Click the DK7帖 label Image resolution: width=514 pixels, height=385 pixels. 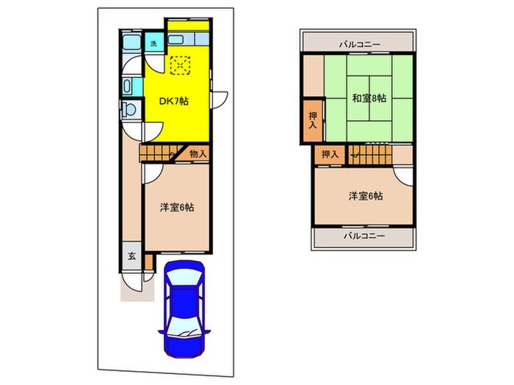174,101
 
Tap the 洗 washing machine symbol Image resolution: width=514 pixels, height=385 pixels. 153,44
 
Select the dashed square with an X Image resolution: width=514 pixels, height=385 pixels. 180,65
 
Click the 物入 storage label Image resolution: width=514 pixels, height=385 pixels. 198,154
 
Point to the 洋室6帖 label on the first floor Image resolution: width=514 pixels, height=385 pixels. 177,208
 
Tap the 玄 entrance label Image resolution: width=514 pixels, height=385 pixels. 131,256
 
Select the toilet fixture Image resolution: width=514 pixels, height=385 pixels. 129,111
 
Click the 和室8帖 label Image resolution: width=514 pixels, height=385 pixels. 369,98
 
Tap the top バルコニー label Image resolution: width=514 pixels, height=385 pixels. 359,45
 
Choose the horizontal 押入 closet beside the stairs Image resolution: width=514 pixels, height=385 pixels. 330,154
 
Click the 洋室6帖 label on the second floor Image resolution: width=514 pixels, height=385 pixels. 364,196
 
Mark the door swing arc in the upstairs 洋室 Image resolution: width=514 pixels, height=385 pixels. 402,175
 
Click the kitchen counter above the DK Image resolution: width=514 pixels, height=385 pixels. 189,39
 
